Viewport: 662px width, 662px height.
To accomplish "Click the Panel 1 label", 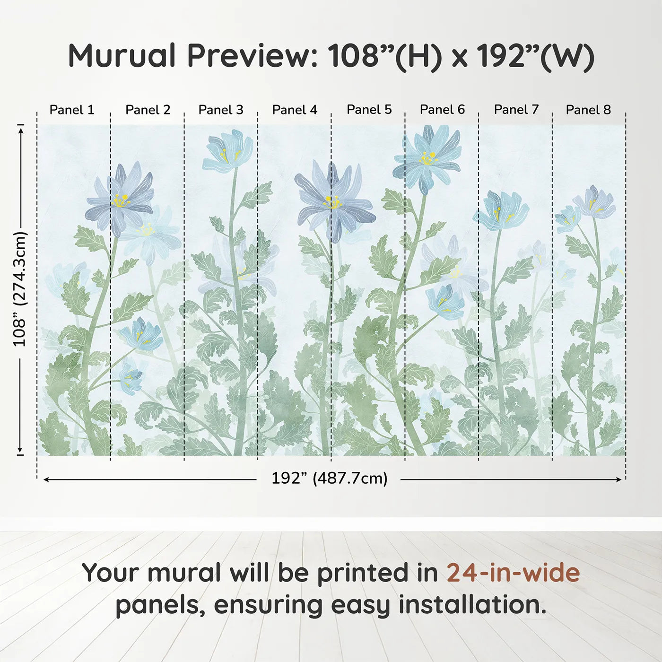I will pos(72,110).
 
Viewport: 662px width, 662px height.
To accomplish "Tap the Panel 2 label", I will pos(148,110).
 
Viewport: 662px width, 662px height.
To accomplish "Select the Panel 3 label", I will pos(221,110).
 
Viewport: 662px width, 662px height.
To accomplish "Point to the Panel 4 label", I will pos(295,110).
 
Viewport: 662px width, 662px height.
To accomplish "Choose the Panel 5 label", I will pos(369,110).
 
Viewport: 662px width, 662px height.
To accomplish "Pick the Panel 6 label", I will pos(442,110).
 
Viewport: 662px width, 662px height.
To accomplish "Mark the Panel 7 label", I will pos(516,110).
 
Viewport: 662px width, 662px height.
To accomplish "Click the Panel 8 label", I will pos(588,110).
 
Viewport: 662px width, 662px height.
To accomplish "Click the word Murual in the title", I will pos(122,56).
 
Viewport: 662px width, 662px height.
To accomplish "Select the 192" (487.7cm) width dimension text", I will pos(329,479).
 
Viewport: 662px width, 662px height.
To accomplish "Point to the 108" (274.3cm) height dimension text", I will pos(20,289).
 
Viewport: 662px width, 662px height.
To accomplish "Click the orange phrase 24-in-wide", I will pos(513,573).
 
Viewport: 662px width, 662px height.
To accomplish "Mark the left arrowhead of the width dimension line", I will pos(46,479).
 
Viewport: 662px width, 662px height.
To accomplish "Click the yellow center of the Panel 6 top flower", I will pos(428,158).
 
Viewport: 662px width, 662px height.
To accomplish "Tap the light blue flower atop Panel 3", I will pos(227,150).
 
